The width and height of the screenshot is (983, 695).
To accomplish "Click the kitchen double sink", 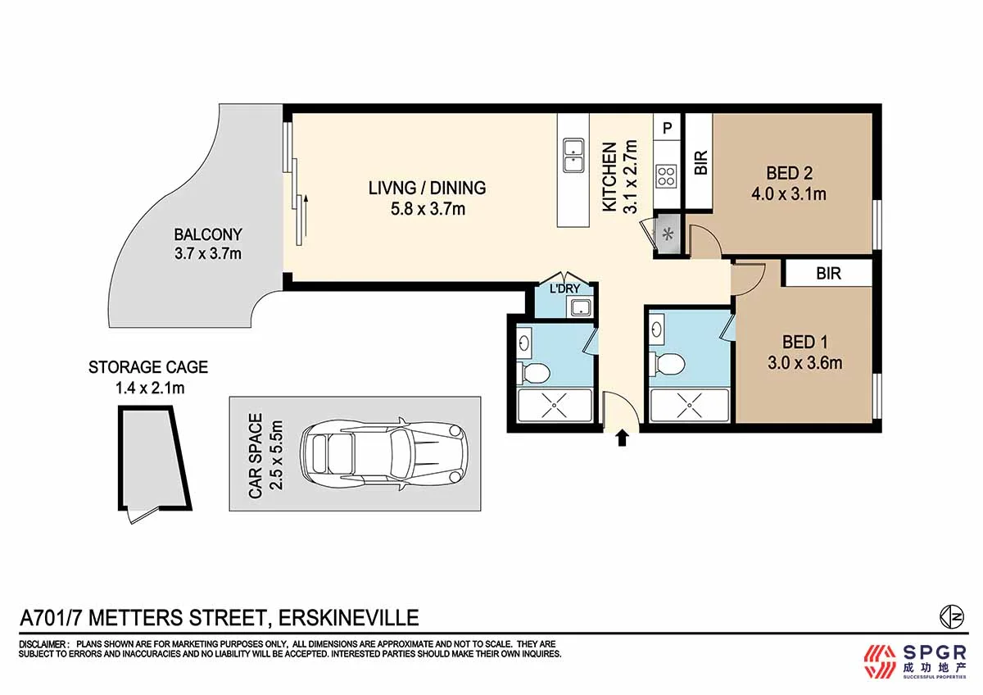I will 573,155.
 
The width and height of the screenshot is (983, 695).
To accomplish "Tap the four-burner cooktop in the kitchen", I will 667,175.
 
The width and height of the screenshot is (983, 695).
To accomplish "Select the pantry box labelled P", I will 667,127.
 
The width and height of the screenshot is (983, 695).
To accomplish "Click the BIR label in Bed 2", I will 700,164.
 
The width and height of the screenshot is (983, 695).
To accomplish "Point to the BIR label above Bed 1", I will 828,274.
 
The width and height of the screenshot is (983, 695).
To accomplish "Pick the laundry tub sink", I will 582,308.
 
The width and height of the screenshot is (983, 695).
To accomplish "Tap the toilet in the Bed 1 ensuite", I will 671,362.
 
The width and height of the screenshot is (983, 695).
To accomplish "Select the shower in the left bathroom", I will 555,405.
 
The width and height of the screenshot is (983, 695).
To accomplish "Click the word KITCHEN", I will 610,178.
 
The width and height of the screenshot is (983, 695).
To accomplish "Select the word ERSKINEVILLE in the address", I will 349,617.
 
